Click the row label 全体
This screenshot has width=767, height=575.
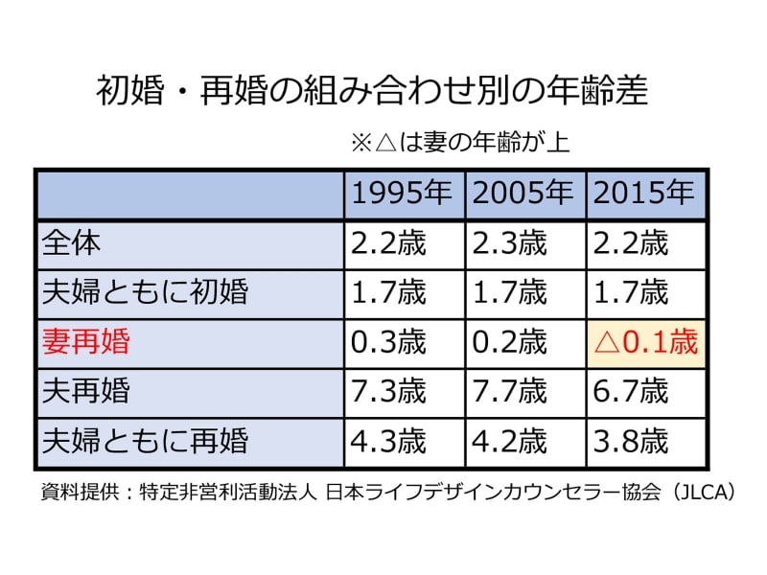(x=72, y=243)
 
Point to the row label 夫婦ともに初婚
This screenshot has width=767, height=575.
(x=145, y=292)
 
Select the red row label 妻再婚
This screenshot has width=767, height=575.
(x=98, y=342)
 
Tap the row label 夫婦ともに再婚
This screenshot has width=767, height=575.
(x=145, y=441)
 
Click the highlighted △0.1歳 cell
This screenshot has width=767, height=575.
(x=646, y=342)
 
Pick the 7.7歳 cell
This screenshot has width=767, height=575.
(x=509, y=391)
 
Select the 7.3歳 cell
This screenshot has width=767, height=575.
(x=388, y=391)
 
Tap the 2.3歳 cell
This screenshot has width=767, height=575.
(x=509, y=243)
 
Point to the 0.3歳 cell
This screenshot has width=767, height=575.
(x=388, y=342)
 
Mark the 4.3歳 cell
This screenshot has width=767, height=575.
(x=388, y=441)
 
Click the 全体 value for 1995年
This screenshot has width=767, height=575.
(x=388, y=243)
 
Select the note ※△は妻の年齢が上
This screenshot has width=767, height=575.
(x=461, y=144)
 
